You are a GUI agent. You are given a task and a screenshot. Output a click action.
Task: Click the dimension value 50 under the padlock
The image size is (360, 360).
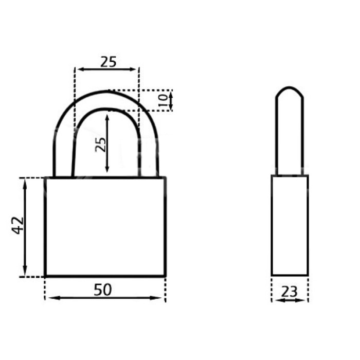103,290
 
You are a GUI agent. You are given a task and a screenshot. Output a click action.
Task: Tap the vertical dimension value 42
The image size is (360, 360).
18,225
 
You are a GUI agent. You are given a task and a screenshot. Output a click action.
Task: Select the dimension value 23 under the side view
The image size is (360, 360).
290,292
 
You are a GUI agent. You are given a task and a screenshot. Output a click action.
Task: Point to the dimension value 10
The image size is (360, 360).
164,100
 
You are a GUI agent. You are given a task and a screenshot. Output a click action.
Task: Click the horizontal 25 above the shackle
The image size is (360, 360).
108,62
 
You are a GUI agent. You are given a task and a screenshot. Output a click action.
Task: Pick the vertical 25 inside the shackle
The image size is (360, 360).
101,144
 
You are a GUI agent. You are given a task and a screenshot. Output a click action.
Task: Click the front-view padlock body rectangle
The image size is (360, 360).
105,226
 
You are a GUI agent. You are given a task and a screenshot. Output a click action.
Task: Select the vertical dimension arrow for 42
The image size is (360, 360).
25,247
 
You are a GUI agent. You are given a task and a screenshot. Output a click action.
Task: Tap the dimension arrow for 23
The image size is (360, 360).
290,300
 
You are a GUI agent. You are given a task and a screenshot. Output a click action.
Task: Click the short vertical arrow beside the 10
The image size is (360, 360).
171,100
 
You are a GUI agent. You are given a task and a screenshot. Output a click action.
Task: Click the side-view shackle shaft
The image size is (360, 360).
290,139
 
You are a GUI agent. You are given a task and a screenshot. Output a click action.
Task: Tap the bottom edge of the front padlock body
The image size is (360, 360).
105,276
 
